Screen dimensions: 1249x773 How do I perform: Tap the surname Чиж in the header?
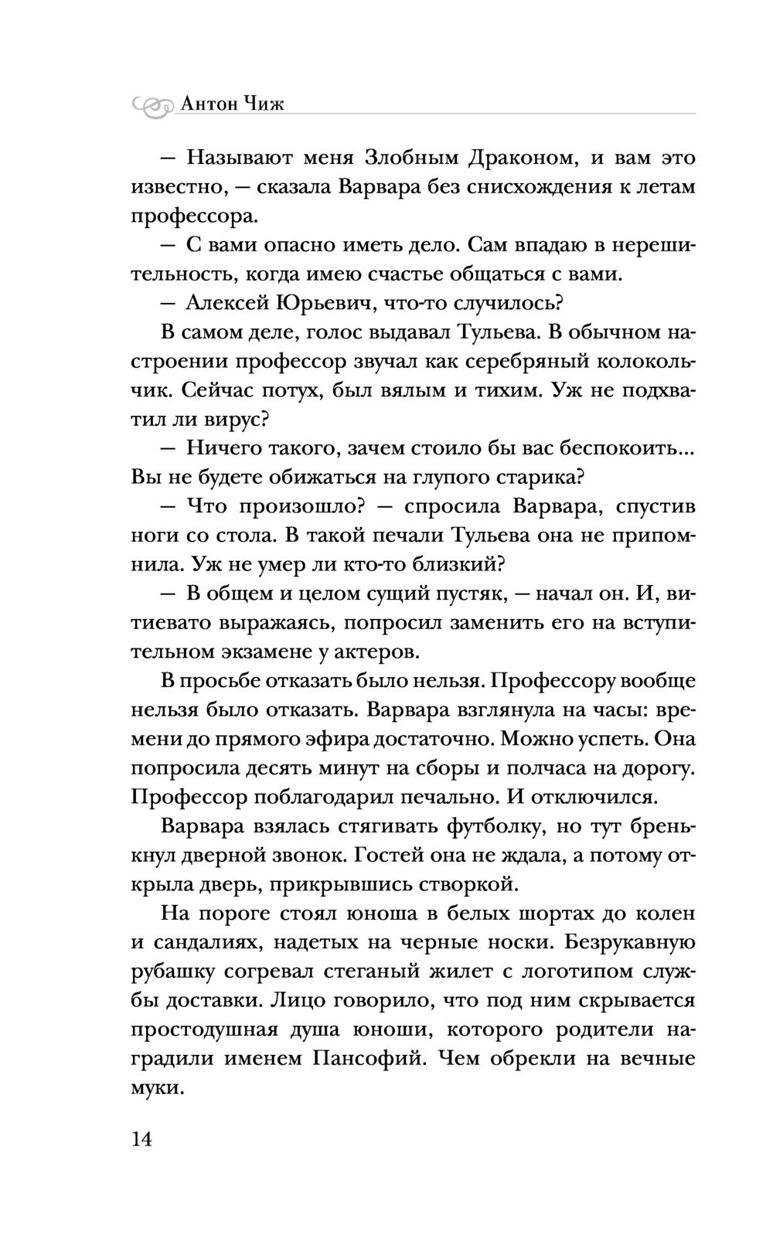(x=264, y=103)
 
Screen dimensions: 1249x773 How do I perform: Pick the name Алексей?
(x=227, y=303)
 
